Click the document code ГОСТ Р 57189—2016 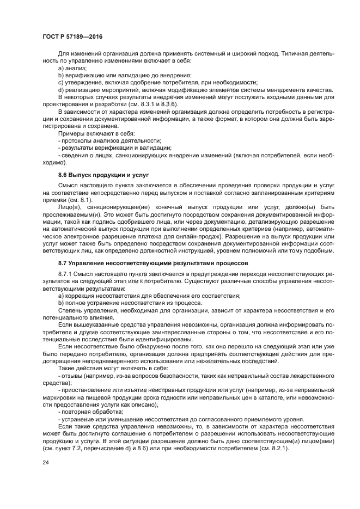pyautogui.click(x=73, y=36)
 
